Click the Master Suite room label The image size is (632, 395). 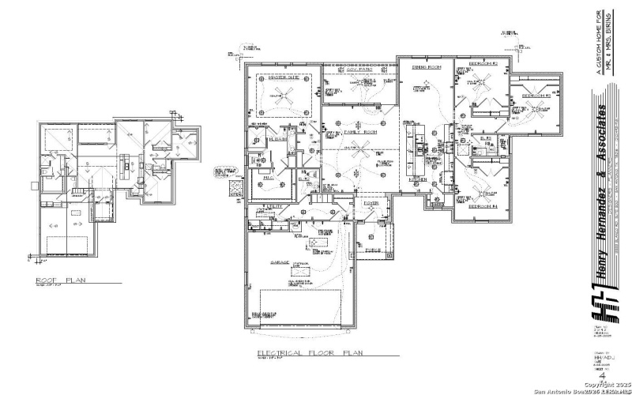coord(283,77)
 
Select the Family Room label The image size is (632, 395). coord(361,132)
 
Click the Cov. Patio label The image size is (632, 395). coord(359,70)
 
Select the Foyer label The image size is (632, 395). coord(371,202)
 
